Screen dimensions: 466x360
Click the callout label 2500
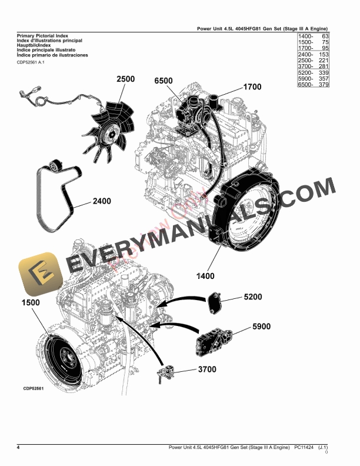[x=125, y=79]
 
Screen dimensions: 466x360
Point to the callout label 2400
[x=101, y=201]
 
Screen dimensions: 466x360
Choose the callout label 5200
[x=253, y=297]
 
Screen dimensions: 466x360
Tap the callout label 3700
[x=206, y=370]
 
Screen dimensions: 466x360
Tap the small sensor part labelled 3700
[x=166, y=372]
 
